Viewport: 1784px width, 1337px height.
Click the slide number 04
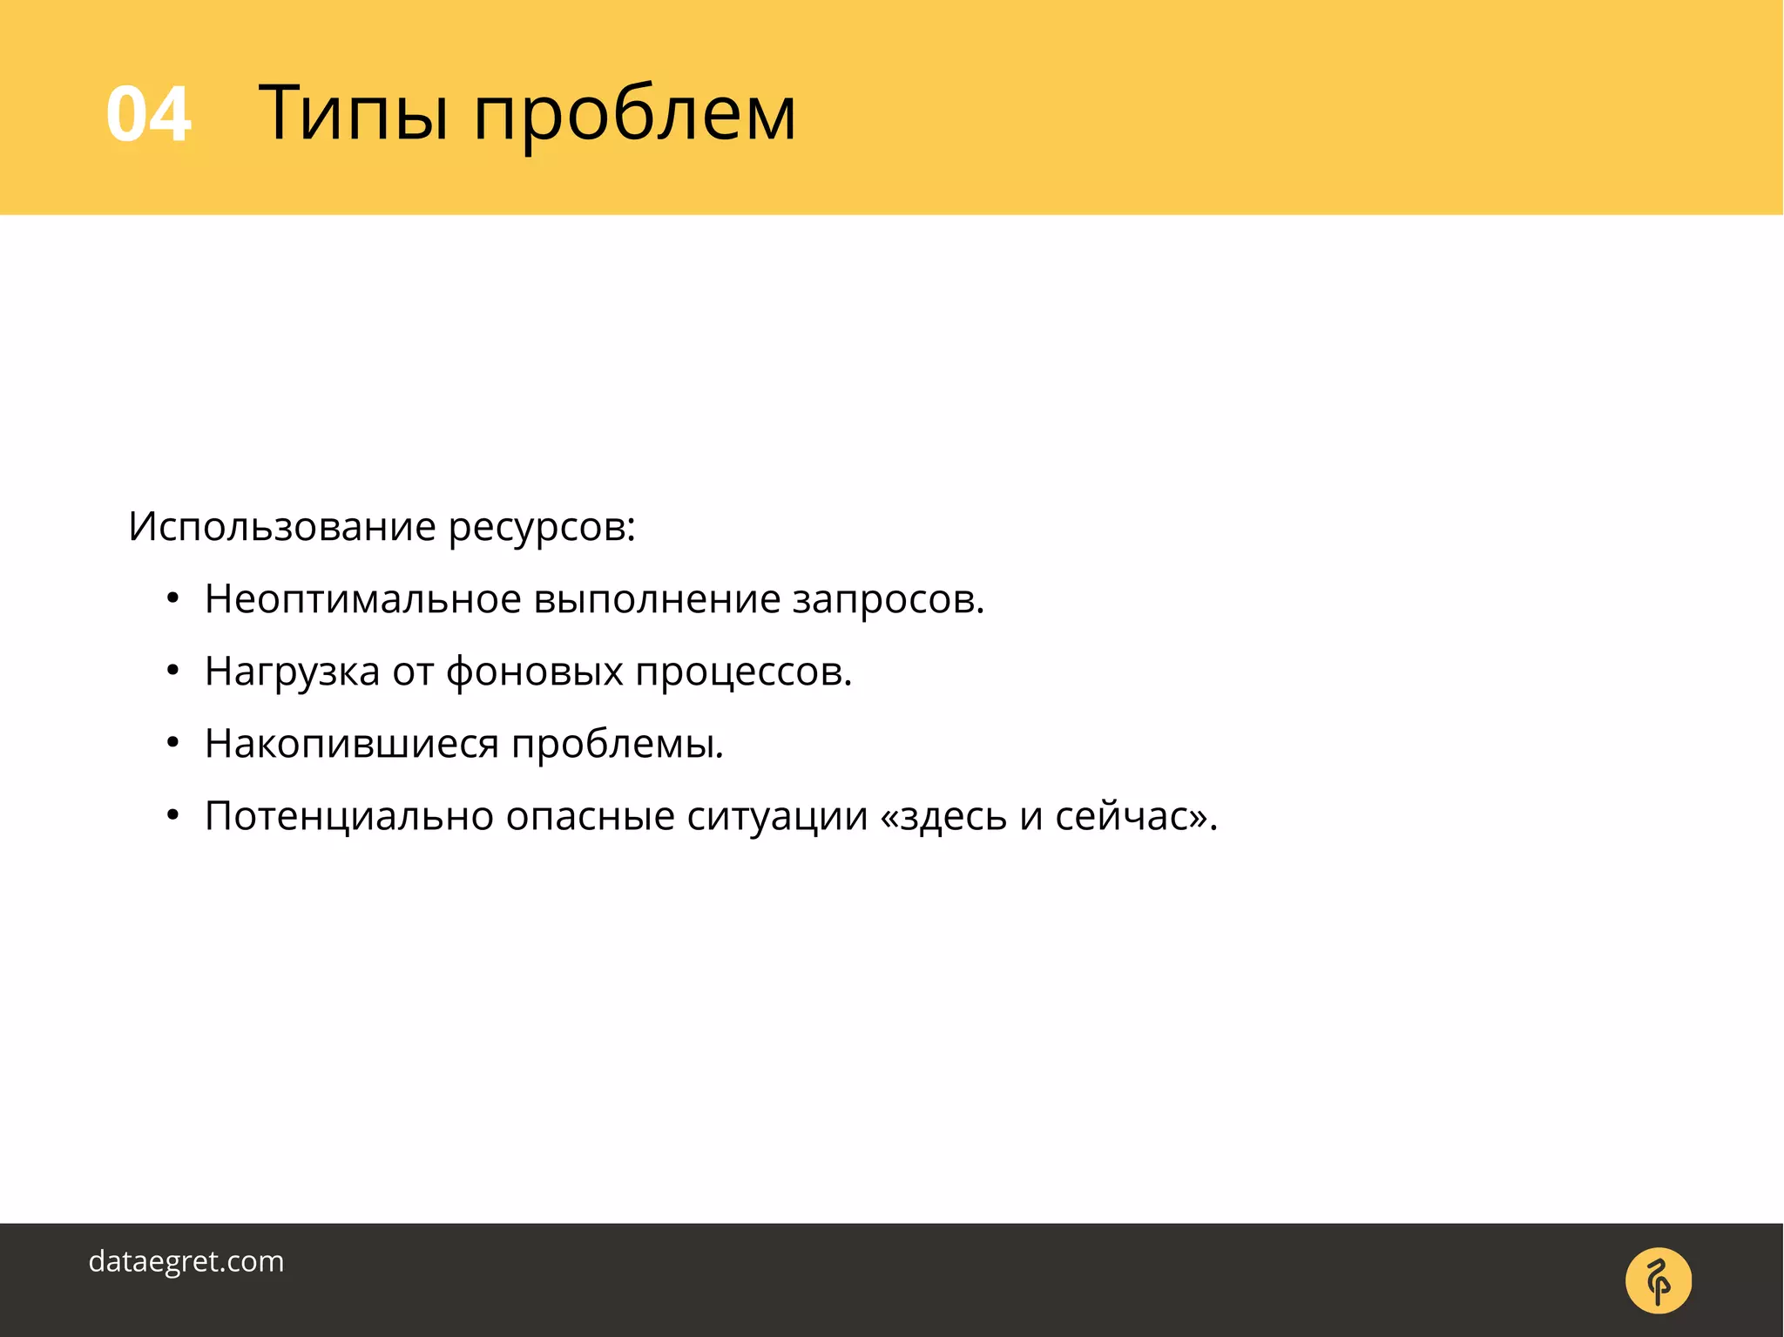[148, 114]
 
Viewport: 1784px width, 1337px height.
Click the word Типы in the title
[354, 114]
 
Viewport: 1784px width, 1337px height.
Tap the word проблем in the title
[634, 118]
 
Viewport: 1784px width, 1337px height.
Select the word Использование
[281, 527]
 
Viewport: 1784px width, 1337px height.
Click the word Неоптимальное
[362, 599]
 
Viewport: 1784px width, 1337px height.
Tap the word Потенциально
[348, 817]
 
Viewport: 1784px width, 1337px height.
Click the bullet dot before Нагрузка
[172, 672]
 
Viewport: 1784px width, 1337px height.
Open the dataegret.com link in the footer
[186, 1261]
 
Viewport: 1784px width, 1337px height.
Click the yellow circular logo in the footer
[1658, 1280]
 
